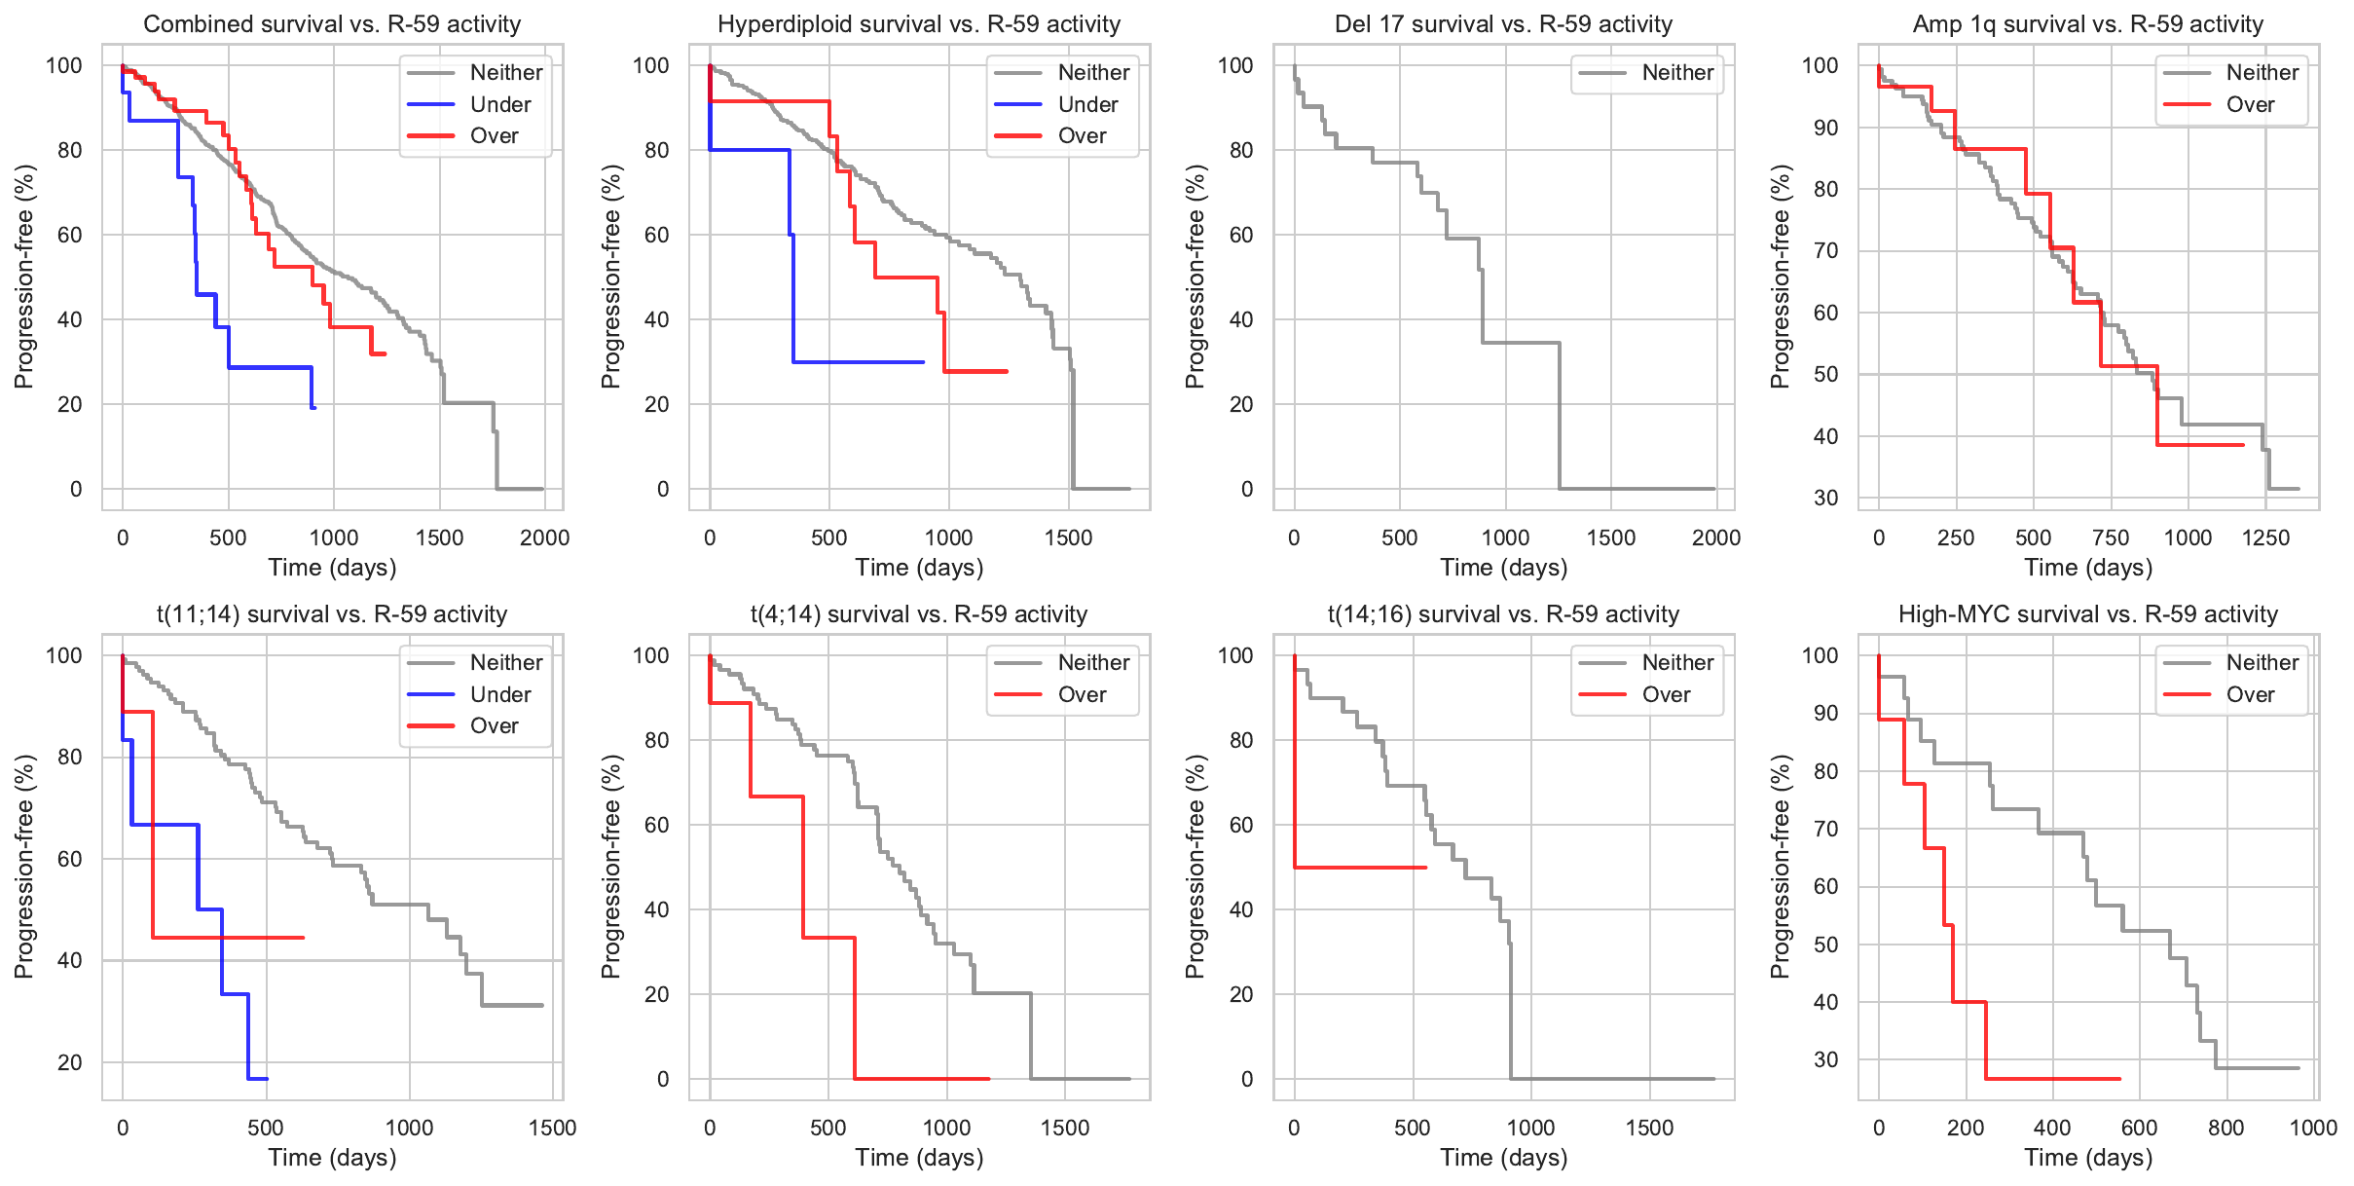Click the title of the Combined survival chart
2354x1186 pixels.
pyautogui.click(x=332, y=24)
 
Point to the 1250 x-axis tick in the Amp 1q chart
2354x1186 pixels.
pyautogui.click(x=2265, y=537)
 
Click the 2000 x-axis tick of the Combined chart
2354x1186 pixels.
pyautogui.click(x=544, y=537)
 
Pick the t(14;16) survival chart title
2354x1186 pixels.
pyautogui.click(x=1503, y=614)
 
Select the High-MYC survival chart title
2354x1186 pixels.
pyautogui.click(x=2087, y=614)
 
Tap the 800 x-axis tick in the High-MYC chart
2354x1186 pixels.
pyautogui.click(x=2225, y=1128)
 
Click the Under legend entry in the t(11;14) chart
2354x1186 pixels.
pyautogui.click(x=500, y=694)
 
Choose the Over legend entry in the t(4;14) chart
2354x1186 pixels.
pyautogui.click(x=1082, y=694)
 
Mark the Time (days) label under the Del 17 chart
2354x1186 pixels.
pyautogui.click(x=1503, y=568)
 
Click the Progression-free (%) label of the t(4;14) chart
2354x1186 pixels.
pyautogui.click(x=610, y=867)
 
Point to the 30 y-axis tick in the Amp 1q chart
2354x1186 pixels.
pyautogui.click(x=1825, y=498)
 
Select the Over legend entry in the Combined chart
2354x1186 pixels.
pyautogui.click(x=494, y=135)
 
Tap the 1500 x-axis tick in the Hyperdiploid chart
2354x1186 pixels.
pyautogui.click(x=1068, y=537)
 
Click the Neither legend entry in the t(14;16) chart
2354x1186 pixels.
pyautogui.click(x=1677, y=662)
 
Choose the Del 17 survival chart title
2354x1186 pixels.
pyautogui.click(x=1503, y=24)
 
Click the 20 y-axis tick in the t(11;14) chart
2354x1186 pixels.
pyautogui.click(x=70, y=1062)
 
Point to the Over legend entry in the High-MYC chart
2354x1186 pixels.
pyautogui.click(x=2250, y=694)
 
